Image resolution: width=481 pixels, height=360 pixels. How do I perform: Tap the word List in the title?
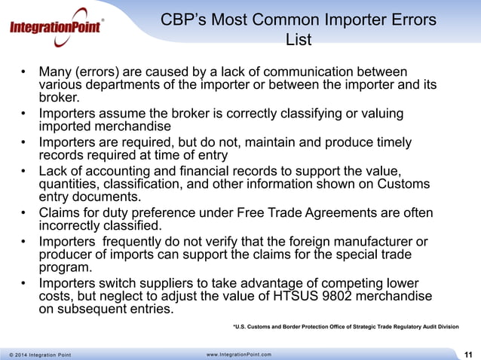[x=299, y=39]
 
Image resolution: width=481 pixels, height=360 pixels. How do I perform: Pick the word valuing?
[x=381, y=114]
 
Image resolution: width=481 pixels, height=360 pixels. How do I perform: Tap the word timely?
[x=389, y=142]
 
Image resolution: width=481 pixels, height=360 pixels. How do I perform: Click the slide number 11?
[x=469, y=354]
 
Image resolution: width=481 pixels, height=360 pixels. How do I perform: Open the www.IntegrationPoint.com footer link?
[x=239, y=354]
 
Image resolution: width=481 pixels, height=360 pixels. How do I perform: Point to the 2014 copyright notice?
[x=37, y=354]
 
